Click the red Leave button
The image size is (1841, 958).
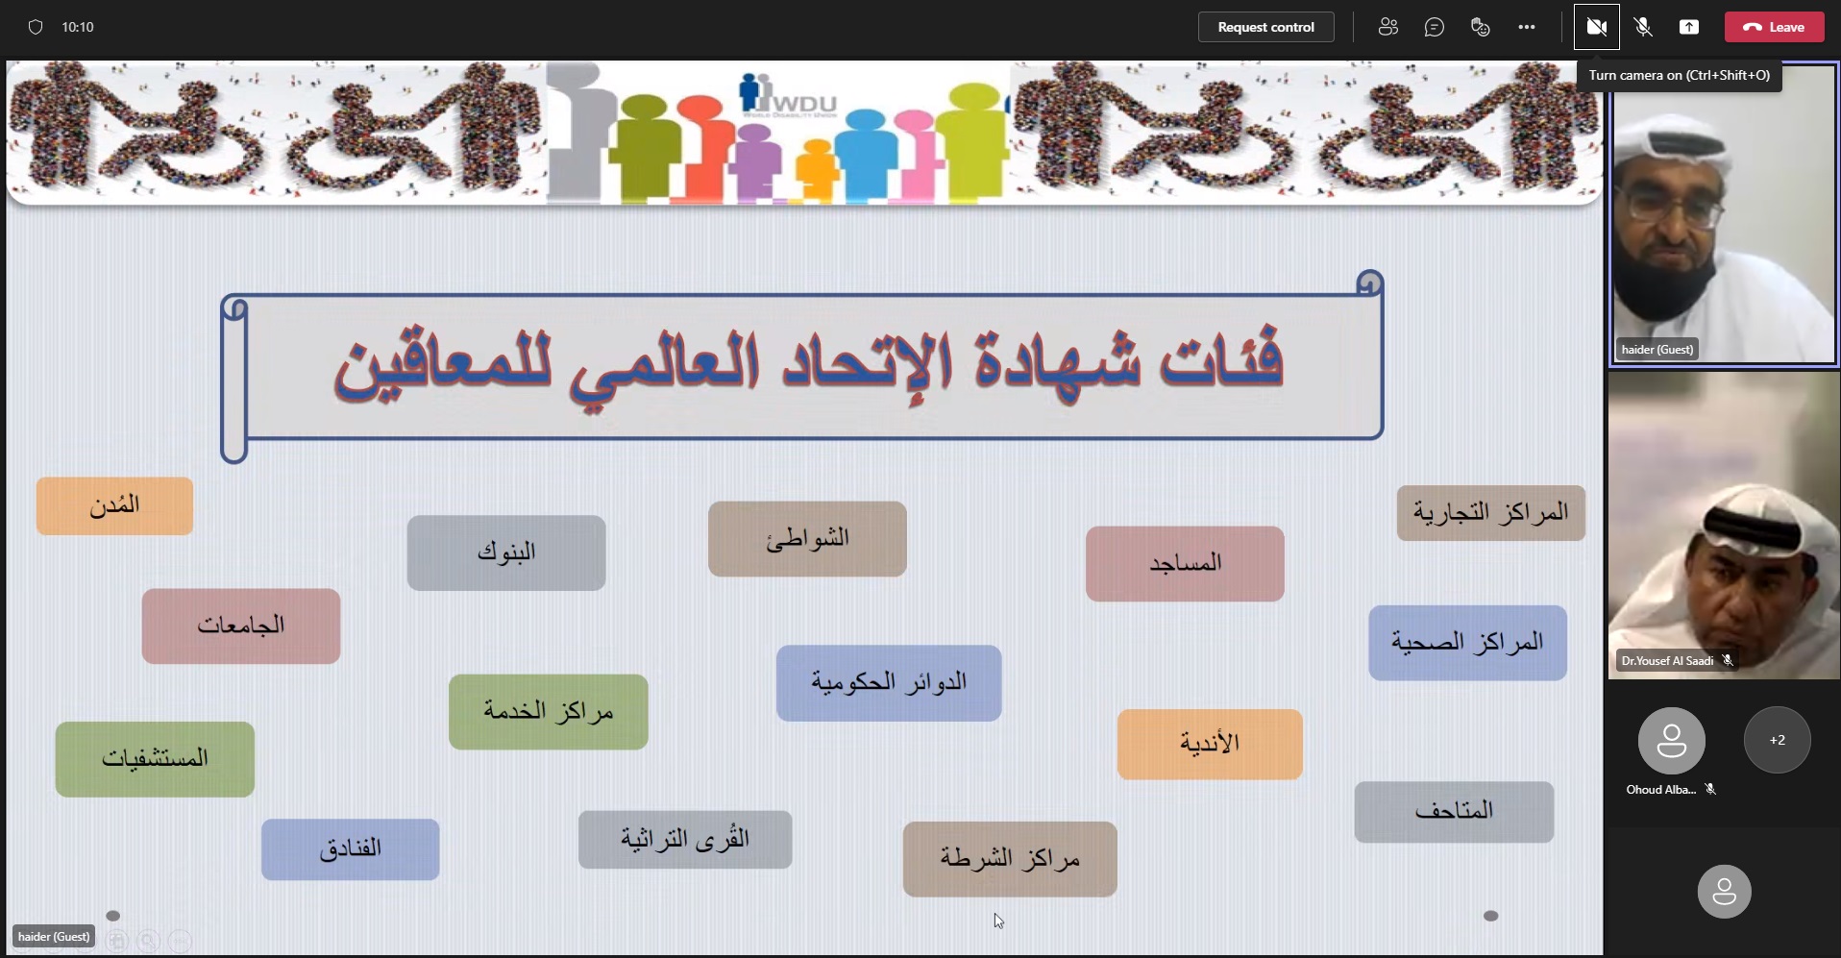coord(1774,27)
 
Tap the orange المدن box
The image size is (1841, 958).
coord(114,505)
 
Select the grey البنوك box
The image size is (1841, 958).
coord(506,553)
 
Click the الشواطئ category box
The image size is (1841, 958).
coord(807,539)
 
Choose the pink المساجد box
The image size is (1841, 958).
coord(1185,563)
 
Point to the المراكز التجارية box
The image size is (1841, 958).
coord(1491,513)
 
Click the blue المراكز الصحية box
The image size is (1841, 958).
coord(1468,643)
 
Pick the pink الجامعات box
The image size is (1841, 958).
coord(241,626)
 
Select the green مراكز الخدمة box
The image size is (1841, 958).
coord(549,712)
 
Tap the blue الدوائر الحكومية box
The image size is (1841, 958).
coord(889,683)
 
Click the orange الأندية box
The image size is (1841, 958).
coord(1210,745)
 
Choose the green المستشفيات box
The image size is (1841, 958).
coord(155,759)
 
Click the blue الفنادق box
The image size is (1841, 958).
coord(351,849)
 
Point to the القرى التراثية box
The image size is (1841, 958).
coord(685,840)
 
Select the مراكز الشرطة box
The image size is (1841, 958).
coord(1010,859)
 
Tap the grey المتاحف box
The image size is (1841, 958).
coord(1454,812)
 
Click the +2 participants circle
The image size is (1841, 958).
coord(1778,740)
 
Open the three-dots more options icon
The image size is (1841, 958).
coord(1527,27)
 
